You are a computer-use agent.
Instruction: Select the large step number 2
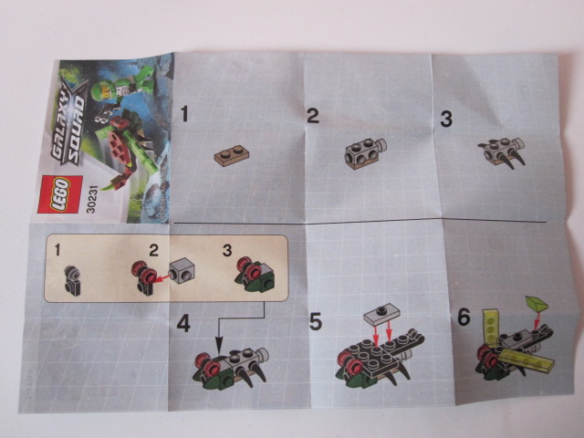coord(312,115)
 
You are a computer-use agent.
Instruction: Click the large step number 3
coord(446,119)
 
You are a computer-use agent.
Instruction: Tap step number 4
coord(185,322)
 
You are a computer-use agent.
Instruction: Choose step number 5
coord(316,321)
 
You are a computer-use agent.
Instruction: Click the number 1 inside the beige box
coord(57,248)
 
